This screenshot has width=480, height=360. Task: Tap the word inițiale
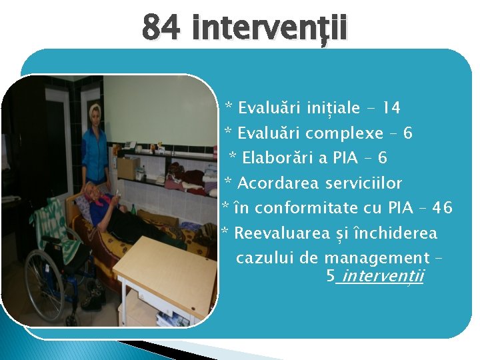tap(333, 107)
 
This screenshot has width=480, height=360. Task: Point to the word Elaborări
tap(275, 158)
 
